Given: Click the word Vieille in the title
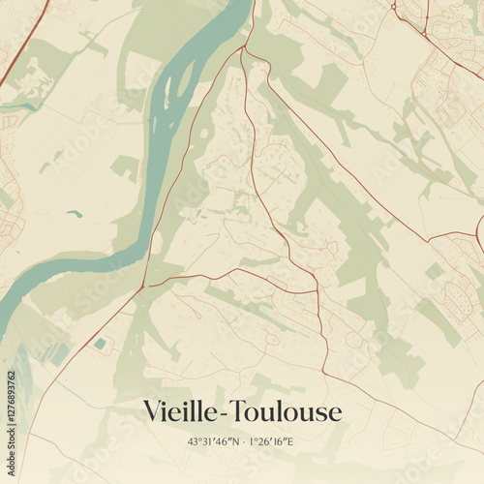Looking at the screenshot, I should coord(179,411).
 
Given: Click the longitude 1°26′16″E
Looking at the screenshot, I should coord(270,441).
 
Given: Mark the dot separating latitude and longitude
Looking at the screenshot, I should coord(240,441).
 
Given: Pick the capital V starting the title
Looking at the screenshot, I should coord(152,411).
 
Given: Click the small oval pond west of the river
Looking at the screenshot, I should coord(76,214).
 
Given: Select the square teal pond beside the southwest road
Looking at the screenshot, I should coord(100,343).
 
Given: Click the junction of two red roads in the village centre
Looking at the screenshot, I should coord(317,291).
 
